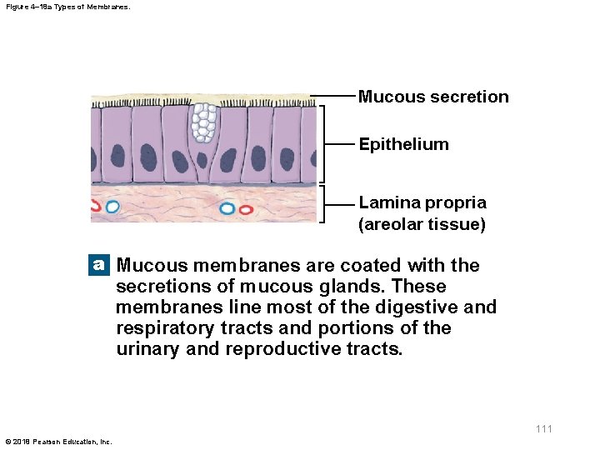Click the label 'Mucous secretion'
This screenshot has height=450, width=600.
432,97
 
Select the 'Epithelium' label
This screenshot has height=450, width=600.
403,144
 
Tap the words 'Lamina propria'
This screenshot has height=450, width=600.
422,202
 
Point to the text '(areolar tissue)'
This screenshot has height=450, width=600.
422,224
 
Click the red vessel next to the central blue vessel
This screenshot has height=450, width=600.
246,209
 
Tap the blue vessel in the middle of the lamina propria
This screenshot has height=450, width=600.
227,208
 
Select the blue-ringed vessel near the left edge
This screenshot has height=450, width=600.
112,206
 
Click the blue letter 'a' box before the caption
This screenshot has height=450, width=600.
99,265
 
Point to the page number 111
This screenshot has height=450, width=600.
543,428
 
